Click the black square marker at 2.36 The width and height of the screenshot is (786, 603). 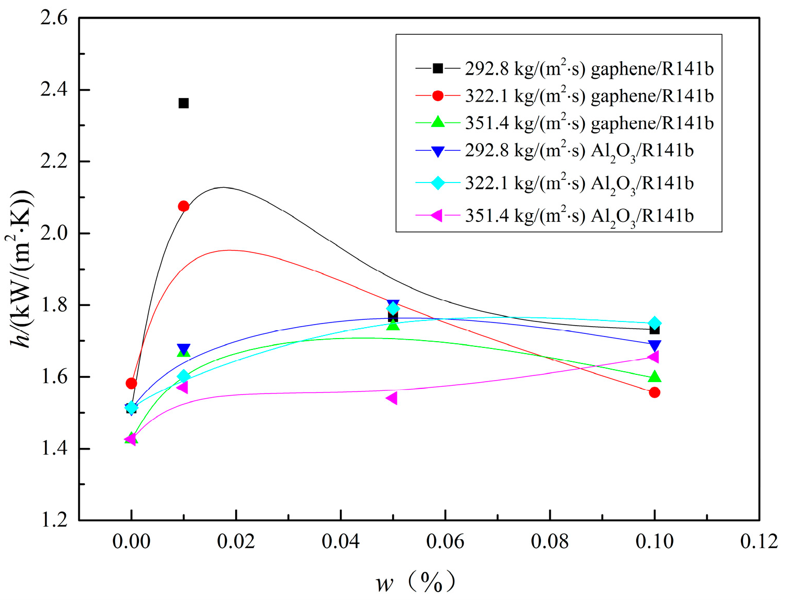pyautogui.click(x=183, y=103)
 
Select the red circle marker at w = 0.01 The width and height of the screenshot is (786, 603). pyautogui.click(x=183, y=206)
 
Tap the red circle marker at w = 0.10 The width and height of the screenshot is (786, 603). pyautogui.click(x=654, y=392)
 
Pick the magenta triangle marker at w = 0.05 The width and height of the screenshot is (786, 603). pyautogui.click(x=392, y=398)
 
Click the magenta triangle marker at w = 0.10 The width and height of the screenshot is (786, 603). pyautogui.click(x=653, y=357)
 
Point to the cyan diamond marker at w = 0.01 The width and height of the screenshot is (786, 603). pyautogui.click(x=183, y=376)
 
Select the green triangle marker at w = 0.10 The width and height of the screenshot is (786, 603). pyautogui.click(x=654, y=376)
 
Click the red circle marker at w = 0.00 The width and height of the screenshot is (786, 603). pyautogui.click(x=131, y=383)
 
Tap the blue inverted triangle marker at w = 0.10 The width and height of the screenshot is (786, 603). pyautogui.click(x=654, y=346)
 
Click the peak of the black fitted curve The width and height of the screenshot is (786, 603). pyautogui.click(x=223, y=187)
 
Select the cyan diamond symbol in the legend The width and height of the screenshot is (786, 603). pyautogui.click(x=438, y=183)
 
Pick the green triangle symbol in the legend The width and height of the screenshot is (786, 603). pyautogui.click(x=438, y=122)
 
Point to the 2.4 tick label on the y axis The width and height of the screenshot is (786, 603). pyautogui.click(x=54, y=90)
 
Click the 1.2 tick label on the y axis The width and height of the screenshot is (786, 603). pyautogui.click(x=54, y=520)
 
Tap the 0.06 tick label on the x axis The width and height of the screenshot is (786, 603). pyautogui.click(x=445, y=542)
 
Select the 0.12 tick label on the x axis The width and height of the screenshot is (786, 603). pyautogui.click(x=759, y=542)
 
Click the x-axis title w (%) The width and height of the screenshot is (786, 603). pyautogui.click(x=415, y=583)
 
